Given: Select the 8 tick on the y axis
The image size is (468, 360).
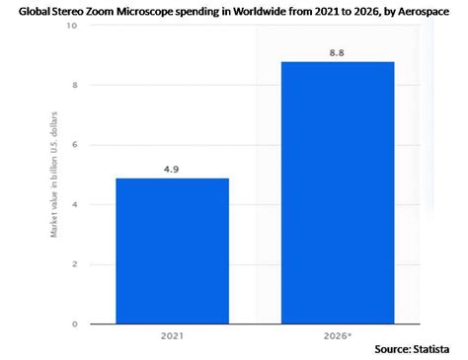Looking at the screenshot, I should [x=73, y=86].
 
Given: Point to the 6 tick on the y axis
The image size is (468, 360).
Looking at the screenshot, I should [x=73, y=145].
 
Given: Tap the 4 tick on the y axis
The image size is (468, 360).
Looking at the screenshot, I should [x=73, y=204].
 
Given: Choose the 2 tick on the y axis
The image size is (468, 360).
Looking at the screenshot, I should [x=73, y=264].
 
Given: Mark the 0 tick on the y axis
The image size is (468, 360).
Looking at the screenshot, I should [x=73, y=324].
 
